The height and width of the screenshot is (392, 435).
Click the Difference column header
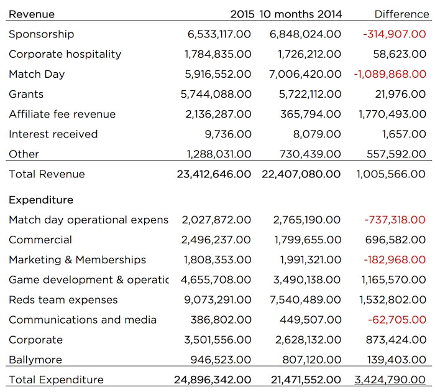point(401,14)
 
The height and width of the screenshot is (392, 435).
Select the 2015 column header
point(242,14)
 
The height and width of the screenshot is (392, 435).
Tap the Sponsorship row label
point(42,34)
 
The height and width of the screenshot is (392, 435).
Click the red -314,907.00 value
point(395,34)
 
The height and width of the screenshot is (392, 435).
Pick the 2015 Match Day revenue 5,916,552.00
point(218,74)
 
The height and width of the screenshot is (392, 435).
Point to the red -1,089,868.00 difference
point(390,74)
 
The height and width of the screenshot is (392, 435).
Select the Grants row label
point(26,94)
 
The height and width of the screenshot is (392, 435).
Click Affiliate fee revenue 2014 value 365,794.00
point(311,114)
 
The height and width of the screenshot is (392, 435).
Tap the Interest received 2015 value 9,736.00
point(228,134)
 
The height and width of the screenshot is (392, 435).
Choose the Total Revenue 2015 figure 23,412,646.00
point(214,174)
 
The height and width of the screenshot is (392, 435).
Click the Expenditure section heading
point(41,200)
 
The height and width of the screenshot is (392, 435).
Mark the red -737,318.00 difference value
point(395,220)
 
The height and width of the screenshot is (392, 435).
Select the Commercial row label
point(40,240)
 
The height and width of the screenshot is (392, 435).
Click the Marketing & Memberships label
point(78,260)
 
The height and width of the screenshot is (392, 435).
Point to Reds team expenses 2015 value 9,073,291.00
point(217,300)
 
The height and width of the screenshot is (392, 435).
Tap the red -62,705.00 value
point(397,320)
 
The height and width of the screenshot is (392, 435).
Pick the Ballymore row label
point(35,360)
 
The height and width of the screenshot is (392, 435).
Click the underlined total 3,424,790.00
point(390,380)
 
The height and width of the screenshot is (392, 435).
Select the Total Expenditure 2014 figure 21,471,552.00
point(306,380)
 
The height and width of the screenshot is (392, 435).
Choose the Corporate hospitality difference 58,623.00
point(400,54)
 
